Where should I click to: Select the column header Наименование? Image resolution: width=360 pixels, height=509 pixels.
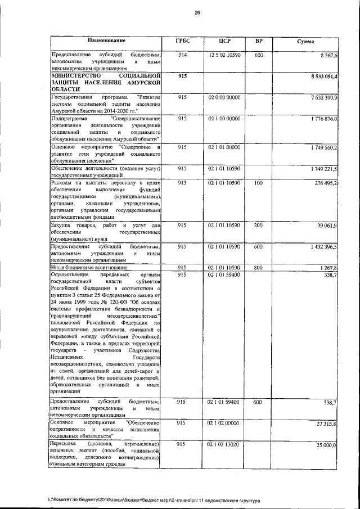(106, 41)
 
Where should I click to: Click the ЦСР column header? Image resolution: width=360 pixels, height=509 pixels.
(224, 41)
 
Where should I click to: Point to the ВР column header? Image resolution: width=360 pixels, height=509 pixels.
(259, 41)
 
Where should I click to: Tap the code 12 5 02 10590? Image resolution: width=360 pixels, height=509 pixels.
(224, 55)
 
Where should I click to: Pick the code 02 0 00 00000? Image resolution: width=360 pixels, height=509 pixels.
(224, 97)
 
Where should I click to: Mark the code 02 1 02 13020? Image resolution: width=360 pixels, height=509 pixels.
(224, 444)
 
